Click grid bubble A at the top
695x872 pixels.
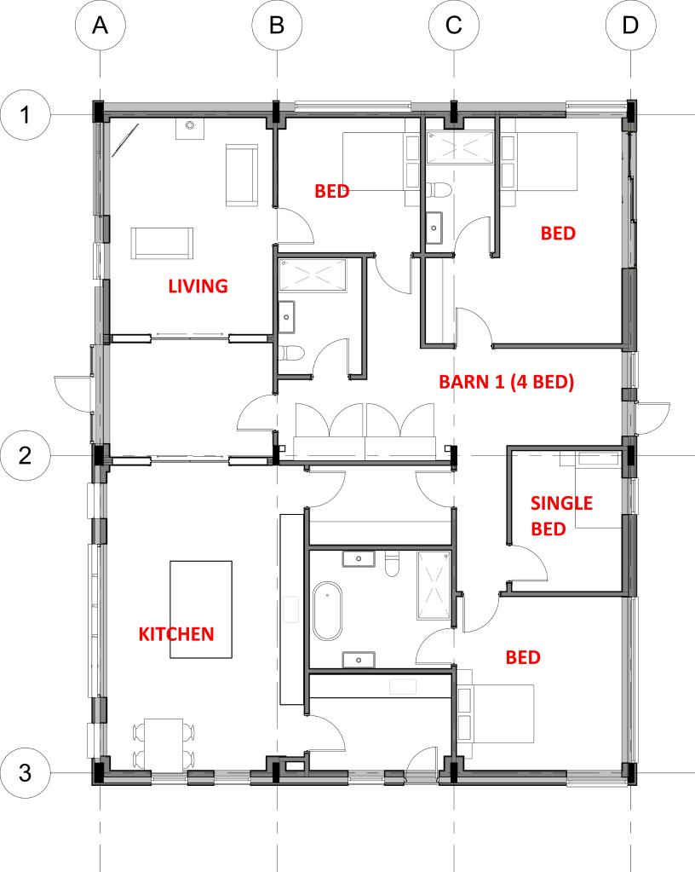click(x=100, y=25)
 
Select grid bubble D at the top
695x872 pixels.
click(x=630, y=25)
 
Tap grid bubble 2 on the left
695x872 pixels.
click(x=25, y=455)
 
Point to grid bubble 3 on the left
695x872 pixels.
click(x=25, y=773)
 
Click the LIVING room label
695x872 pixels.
click(x=198, y=286)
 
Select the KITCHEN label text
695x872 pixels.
click(x=176, y=634)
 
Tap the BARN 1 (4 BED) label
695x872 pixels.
click(x=506, y=382)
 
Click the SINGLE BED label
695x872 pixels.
click(x=561, y=516)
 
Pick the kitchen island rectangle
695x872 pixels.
click(x=200, y=609)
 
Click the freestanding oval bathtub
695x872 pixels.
click(x=327, y=611)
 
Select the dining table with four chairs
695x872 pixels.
click(x=164, y=746)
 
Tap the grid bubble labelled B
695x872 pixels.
click(x=277, y=25)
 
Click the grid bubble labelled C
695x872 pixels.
click(x=454, y=25)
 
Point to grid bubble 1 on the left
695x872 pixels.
click(x=25, y=115)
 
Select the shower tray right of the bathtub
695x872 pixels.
click(x=434, y=585)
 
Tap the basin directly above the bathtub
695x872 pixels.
click(x=359, y=558)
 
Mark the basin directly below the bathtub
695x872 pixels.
click(x=359, y=660)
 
